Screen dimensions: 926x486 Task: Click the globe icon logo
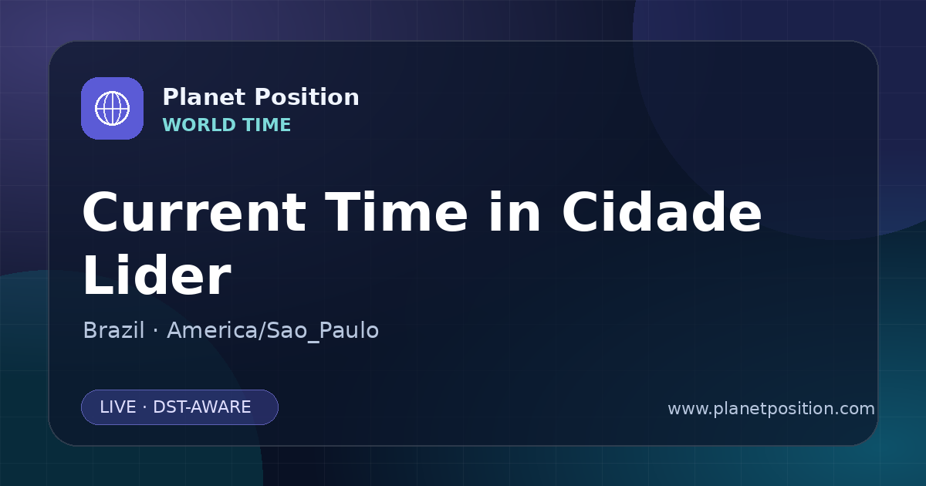(112, 108)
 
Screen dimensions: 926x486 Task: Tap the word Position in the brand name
(307, 97)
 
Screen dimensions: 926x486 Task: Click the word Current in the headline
(194, 212)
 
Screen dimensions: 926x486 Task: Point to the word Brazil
(113, 330)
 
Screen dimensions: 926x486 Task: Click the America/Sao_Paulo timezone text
(273, 331)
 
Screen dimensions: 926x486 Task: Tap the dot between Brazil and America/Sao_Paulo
(155, 331)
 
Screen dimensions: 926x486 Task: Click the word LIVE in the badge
(118, 407)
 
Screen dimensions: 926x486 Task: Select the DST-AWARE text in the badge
(202, 407)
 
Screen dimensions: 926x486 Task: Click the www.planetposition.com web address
(772, 409)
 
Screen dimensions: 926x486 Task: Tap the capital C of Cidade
(583, 212)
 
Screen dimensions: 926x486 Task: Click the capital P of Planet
(171, 97)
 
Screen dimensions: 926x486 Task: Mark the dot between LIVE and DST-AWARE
(144, 407)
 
